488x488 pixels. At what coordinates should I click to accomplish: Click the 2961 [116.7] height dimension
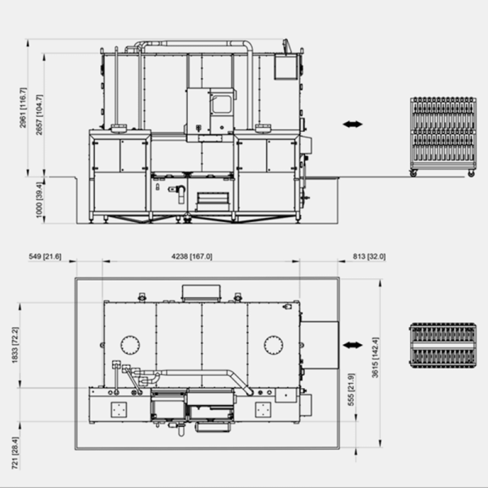coord(24,107)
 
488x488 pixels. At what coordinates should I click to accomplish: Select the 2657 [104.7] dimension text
coord(39,115)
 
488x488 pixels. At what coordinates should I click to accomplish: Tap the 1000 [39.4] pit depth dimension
coord(39,199)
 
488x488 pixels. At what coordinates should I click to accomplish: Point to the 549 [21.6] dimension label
coord(45,256)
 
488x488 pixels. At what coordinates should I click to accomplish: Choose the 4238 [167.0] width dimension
coord(192,256)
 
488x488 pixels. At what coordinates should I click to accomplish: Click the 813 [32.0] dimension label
coord(369,256)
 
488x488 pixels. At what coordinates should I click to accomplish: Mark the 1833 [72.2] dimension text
coord(15,345)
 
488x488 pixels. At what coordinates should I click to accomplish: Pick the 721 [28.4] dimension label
coord(15,453)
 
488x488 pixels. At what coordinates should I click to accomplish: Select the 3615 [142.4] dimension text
coord(376,358)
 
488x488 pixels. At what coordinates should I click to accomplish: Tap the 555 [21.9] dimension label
coord(351,390)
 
